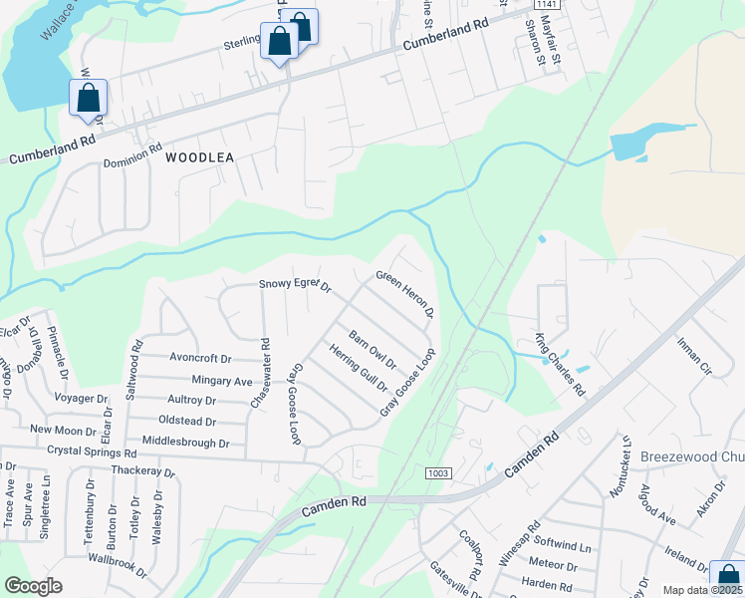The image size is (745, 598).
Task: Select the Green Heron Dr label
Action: (x=404, y=294)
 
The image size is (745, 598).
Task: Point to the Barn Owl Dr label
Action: (x=372, y=349)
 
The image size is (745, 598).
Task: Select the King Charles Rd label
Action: (x=560, y=364)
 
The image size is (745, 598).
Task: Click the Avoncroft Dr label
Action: (x=200, y=359)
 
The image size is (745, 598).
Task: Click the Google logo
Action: (x=33, y=586)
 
